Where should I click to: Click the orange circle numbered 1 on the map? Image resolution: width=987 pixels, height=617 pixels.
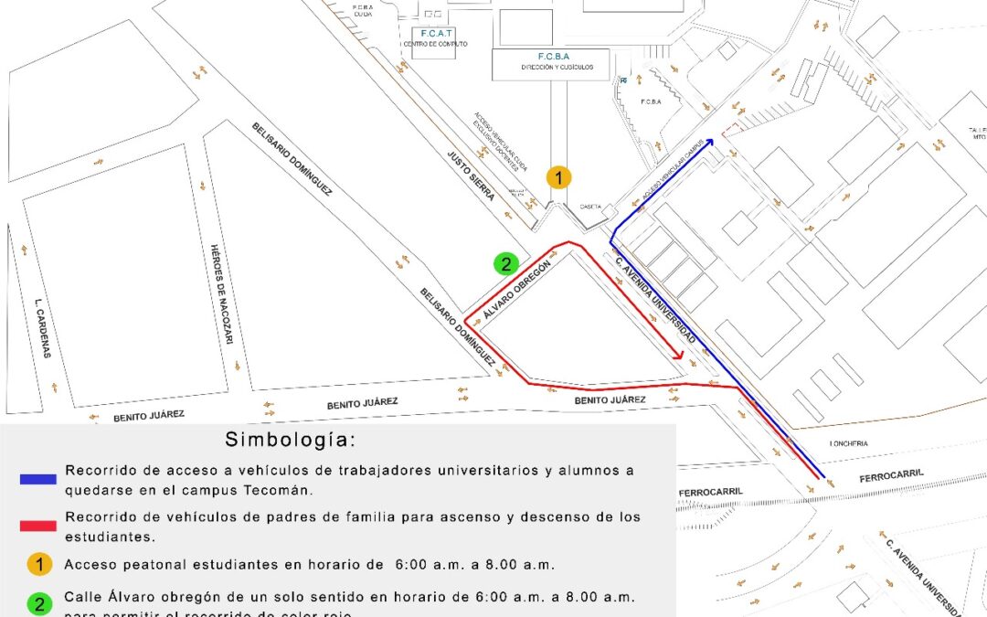[x=558, y=177]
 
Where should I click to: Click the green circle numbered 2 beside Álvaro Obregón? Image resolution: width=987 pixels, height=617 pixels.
[x=505, y=264]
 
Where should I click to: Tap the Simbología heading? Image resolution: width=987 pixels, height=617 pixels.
[x=291, y=440]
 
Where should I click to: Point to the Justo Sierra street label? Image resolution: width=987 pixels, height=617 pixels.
[x=471, y=176]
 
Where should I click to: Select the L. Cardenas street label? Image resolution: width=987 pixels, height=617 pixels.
[x=39, y=328]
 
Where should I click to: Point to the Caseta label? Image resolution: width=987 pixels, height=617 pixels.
[x=590, y=207]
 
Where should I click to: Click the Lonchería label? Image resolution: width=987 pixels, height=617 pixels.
[x=849, y=444]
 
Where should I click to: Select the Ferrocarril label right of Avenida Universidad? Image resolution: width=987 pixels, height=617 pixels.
[x=892, y=475]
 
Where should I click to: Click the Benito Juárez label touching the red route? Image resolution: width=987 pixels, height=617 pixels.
[x=610, y=400]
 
